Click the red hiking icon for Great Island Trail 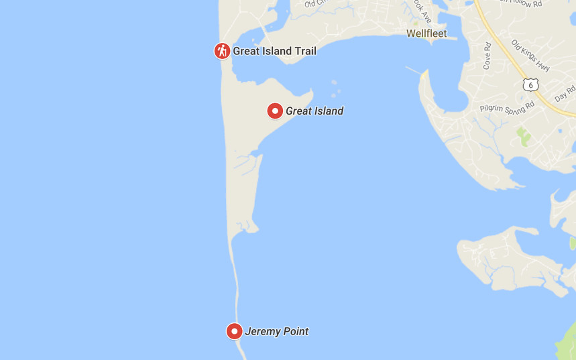point(222,50)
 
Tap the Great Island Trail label point(274,51)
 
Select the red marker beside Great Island point(275,111)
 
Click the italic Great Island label point(314,111)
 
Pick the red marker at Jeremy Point point(234,331)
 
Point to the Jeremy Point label point(276,331)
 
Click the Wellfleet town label point(426,34)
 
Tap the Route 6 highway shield point(530,84)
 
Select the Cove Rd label point(487,56)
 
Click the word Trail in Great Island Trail point(303,51)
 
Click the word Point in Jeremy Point point(295,331)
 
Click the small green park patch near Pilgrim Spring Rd point(523,137)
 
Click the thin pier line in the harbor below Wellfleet point(414,70)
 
